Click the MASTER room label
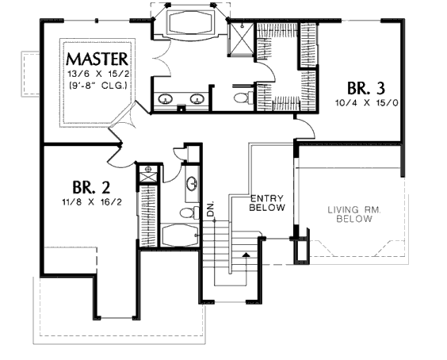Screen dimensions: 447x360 97,59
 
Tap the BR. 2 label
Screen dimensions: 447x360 91,187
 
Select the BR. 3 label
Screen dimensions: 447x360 366,88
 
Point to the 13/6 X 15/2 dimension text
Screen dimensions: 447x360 98,74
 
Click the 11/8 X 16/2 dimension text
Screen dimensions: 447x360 92,202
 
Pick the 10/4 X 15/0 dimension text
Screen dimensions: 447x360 367,103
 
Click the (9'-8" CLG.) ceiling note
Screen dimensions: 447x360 98,86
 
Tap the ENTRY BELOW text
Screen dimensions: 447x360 267,203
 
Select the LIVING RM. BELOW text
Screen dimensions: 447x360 354,215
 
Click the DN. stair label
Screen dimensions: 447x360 211,209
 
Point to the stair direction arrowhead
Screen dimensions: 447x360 246,255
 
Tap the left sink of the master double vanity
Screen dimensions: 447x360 165,98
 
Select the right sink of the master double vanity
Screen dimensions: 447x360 197,98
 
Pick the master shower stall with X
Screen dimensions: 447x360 242,38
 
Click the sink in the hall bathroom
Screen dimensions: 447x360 192,183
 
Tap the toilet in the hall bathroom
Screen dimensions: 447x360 190,213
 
